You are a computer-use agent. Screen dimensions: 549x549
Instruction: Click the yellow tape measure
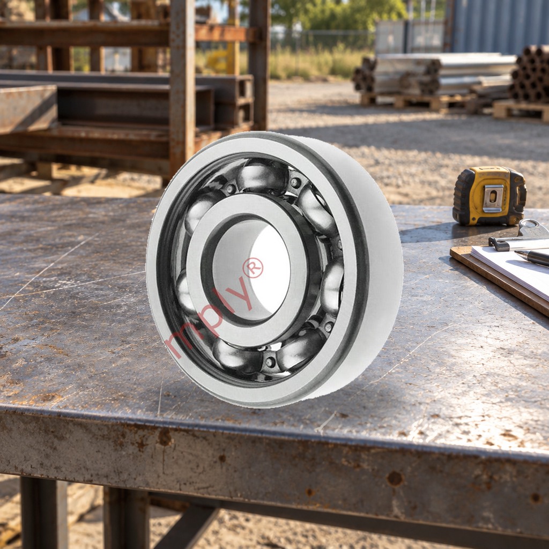(489, 196)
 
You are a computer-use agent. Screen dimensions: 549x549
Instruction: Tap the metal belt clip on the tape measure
(493, 198)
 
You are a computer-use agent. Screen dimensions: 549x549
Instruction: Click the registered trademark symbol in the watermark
(253, 268)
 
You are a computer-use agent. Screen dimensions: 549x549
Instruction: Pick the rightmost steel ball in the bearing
(332, 287)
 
